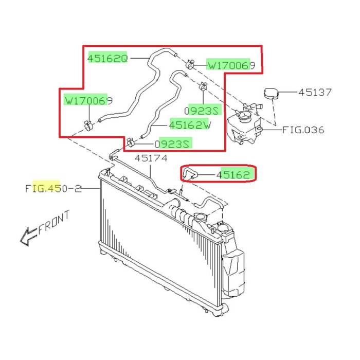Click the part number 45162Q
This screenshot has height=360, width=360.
point(107,58)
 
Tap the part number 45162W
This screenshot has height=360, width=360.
point(190,125)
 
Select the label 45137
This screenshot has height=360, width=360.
point(315,92)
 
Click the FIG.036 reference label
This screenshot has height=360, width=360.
point(303,130)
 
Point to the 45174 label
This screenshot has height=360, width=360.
point(151,158)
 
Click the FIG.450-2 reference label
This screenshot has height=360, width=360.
point(53,189)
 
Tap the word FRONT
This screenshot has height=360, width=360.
point(54,222)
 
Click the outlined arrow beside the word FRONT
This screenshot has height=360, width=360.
point(28,237)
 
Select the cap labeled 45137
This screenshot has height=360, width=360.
point(271,94)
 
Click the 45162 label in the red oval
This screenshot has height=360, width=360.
point(233,175)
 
